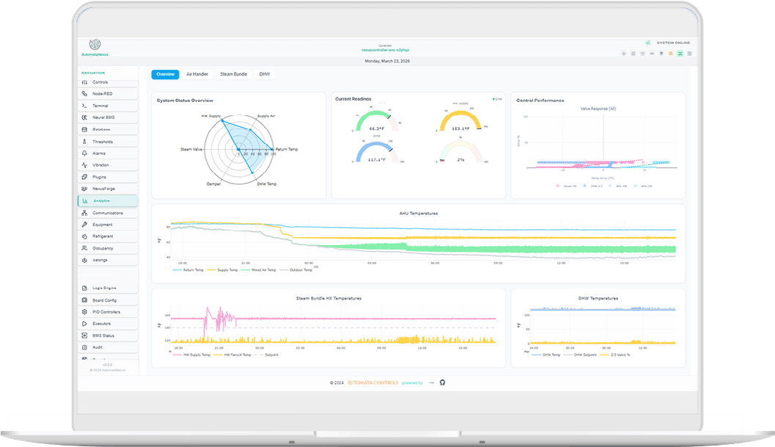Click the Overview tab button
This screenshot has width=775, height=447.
pyautogui.click(x=165, y=74)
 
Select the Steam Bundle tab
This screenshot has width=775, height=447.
pyautogui.click(x=234, y=74)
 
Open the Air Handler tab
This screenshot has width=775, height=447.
pyautogui.click(x=198, y=74)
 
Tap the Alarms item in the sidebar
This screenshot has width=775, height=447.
pyautogui.click(x=99, y=153)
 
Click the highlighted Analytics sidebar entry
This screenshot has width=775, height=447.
pyautogui.click(x=101, y=201)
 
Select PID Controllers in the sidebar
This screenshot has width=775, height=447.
pyautogui.click(x=106, y=312)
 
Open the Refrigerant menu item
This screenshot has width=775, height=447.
pyautogui.click(x=103, y=236)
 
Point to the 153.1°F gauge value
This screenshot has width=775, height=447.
pyautogui.click(x=460, y=128)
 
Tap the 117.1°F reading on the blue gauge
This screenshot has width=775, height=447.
pyautogui.click(x=378, y=159)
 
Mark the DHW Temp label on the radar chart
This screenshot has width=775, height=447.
pyautogui.click(x=266, y=183)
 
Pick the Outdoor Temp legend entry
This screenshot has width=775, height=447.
pyautogui.click(x=301, y=270)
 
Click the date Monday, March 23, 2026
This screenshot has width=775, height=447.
pyautogui.click(x=387, y=61)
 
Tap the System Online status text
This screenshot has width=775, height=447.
pyautogui.click(x=672, y=43)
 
